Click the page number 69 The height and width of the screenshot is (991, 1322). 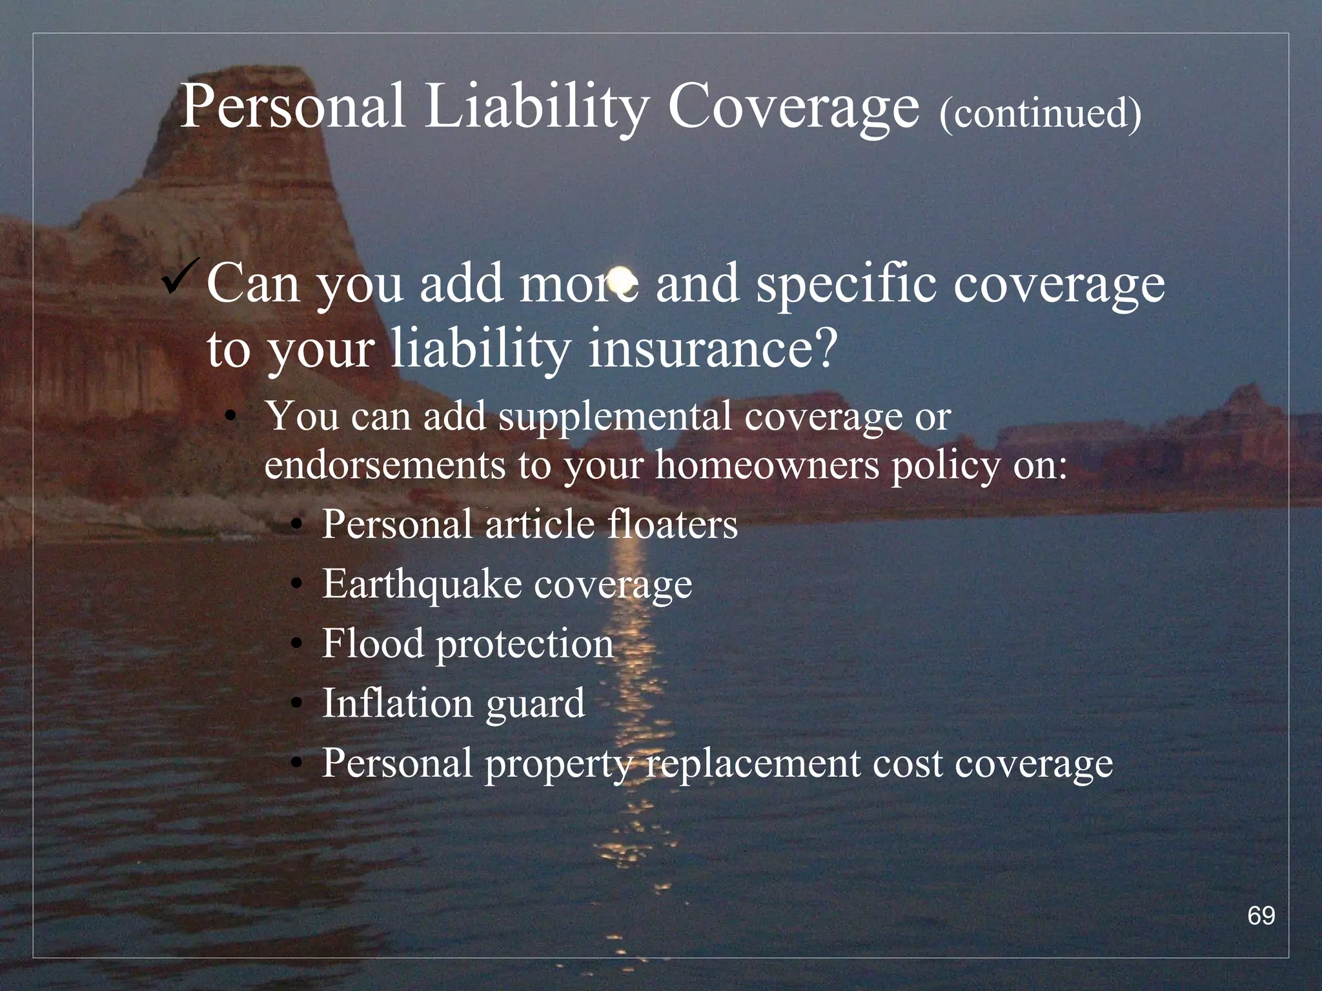[1261, 916]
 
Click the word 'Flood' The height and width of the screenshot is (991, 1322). [372, 644]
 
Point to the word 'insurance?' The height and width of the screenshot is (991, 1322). [713, 348]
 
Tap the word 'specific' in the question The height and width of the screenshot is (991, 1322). [846, 285]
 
